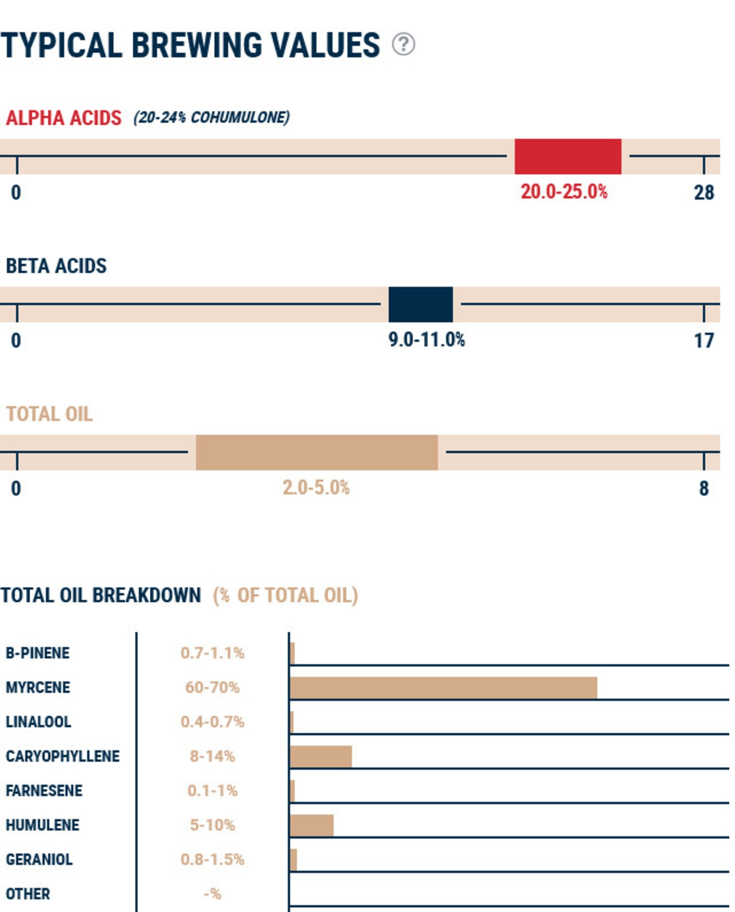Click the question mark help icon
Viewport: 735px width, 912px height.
(403, 44)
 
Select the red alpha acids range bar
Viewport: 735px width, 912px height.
(567, 156)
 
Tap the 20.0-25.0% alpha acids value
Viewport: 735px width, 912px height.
(564, 192)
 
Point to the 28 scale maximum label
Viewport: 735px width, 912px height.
(703, 193)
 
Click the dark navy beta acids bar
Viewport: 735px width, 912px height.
(420, 304)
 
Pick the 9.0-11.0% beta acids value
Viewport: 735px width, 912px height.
(427, 340)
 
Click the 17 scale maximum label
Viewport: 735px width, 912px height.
(703, 341)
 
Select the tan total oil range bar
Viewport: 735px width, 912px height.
(316, 452)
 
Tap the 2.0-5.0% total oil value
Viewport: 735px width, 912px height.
(316, 488)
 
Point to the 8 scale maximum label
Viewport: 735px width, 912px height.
(703, 489)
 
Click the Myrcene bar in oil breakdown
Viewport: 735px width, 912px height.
(443, 687)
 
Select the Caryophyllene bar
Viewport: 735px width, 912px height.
(321, 756)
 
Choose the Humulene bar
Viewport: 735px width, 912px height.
(312, 825)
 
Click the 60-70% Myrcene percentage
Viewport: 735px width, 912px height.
(212, 687)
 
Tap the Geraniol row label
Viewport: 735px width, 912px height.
(39, 859)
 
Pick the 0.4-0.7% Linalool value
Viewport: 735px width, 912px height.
(212, 722)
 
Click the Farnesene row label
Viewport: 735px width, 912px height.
(44, 791)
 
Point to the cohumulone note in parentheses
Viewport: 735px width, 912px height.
(211, 117)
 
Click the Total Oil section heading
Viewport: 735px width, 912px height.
(49, 414)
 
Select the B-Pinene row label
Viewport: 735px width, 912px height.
(37, 653)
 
